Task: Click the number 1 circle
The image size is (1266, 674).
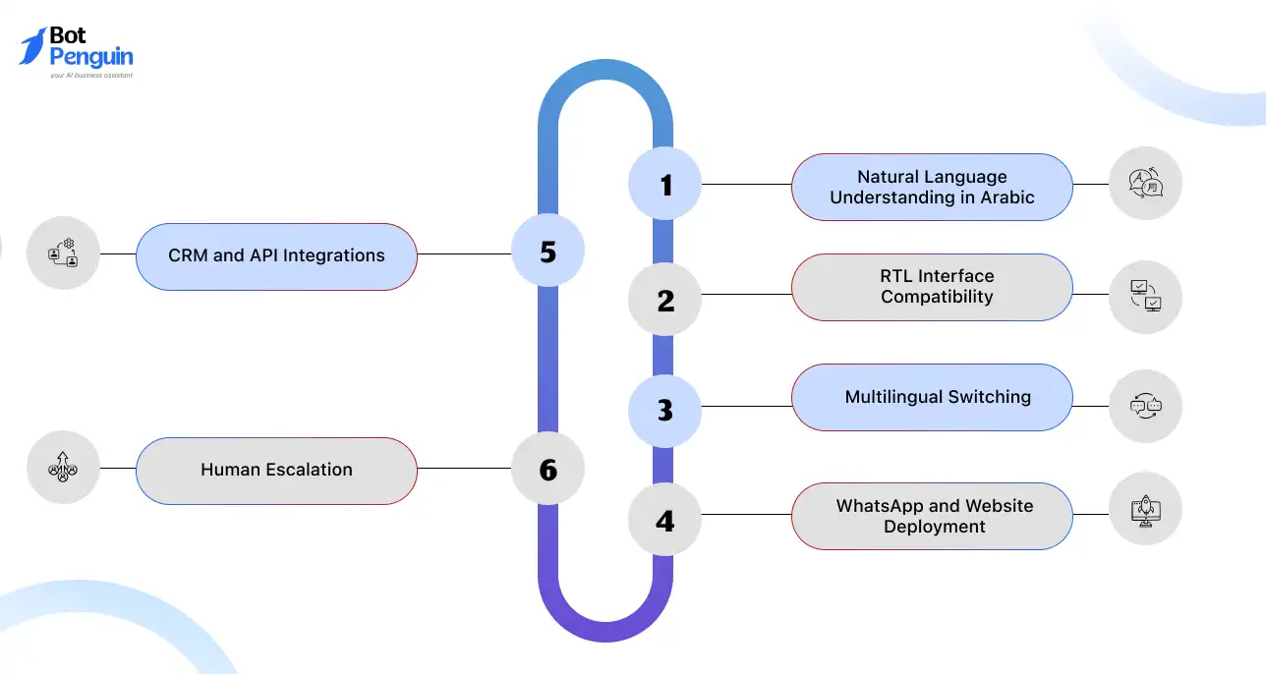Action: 665,184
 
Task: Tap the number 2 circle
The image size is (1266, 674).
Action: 665,300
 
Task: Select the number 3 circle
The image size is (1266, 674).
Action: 665,409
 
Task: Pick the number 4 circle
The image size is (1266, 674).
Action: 665,520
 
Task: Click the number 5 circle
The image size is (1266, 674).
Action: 547,251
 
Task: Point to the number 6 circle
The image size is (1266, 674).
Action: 547,469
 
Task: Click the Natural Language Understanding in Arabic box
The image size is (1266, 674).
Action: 932,187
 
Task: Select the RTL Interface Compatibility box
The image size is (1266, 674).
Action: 932,287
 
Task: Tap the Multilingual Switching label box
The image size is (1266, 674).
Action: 932,397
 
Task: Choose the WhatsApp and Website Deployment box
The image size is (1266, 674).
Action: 932,516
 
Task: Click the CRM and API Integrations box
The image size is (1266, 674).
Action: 276,255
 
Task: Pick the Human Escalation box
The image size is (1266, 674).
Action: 276,470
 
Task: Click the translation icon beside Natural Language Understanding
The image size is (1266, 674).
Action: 1145,183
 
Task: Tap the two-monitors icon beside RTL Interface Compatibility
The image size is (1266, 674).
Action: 1145,296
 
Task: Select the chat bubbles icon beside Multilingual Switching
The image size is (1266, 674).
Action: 1145,406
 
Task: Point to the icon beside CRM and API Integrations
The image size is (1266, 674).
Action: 63,253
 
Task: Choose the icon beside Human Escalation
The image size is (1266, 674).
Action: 63,468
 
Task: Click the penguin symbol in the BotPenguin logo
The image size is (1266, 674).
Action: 32,46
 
